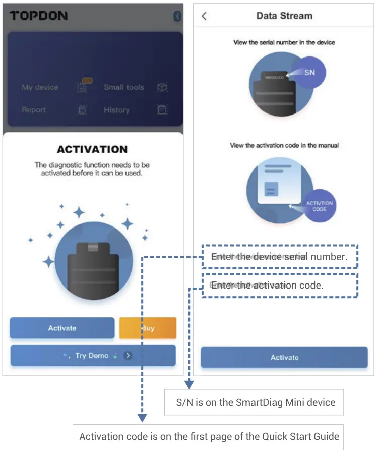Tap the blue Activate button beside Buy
(62, 328)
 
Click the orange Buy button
(148, 328)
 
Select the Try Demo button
(93, 356)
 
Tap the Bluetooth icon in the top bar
(177, 16)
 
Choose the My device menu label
(40, 87)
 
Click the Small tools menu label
(124, 87)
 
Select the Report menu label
(34, 110)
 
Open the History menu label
(116, 110)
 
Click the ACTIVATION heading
(92, 149)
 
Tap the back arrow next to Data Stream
(204, 16)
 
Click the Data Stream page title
(284, 16)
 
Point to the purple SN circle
(309, 73)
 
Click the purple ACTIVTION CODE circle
(319, 206)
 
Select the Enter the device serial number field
(280, 257)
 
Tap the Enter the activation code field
(280, 286)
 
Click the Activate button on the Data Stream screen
(284, 358)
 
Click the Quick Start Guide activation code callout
(209, 436)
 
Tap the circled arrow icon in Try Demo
(128, 356)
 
